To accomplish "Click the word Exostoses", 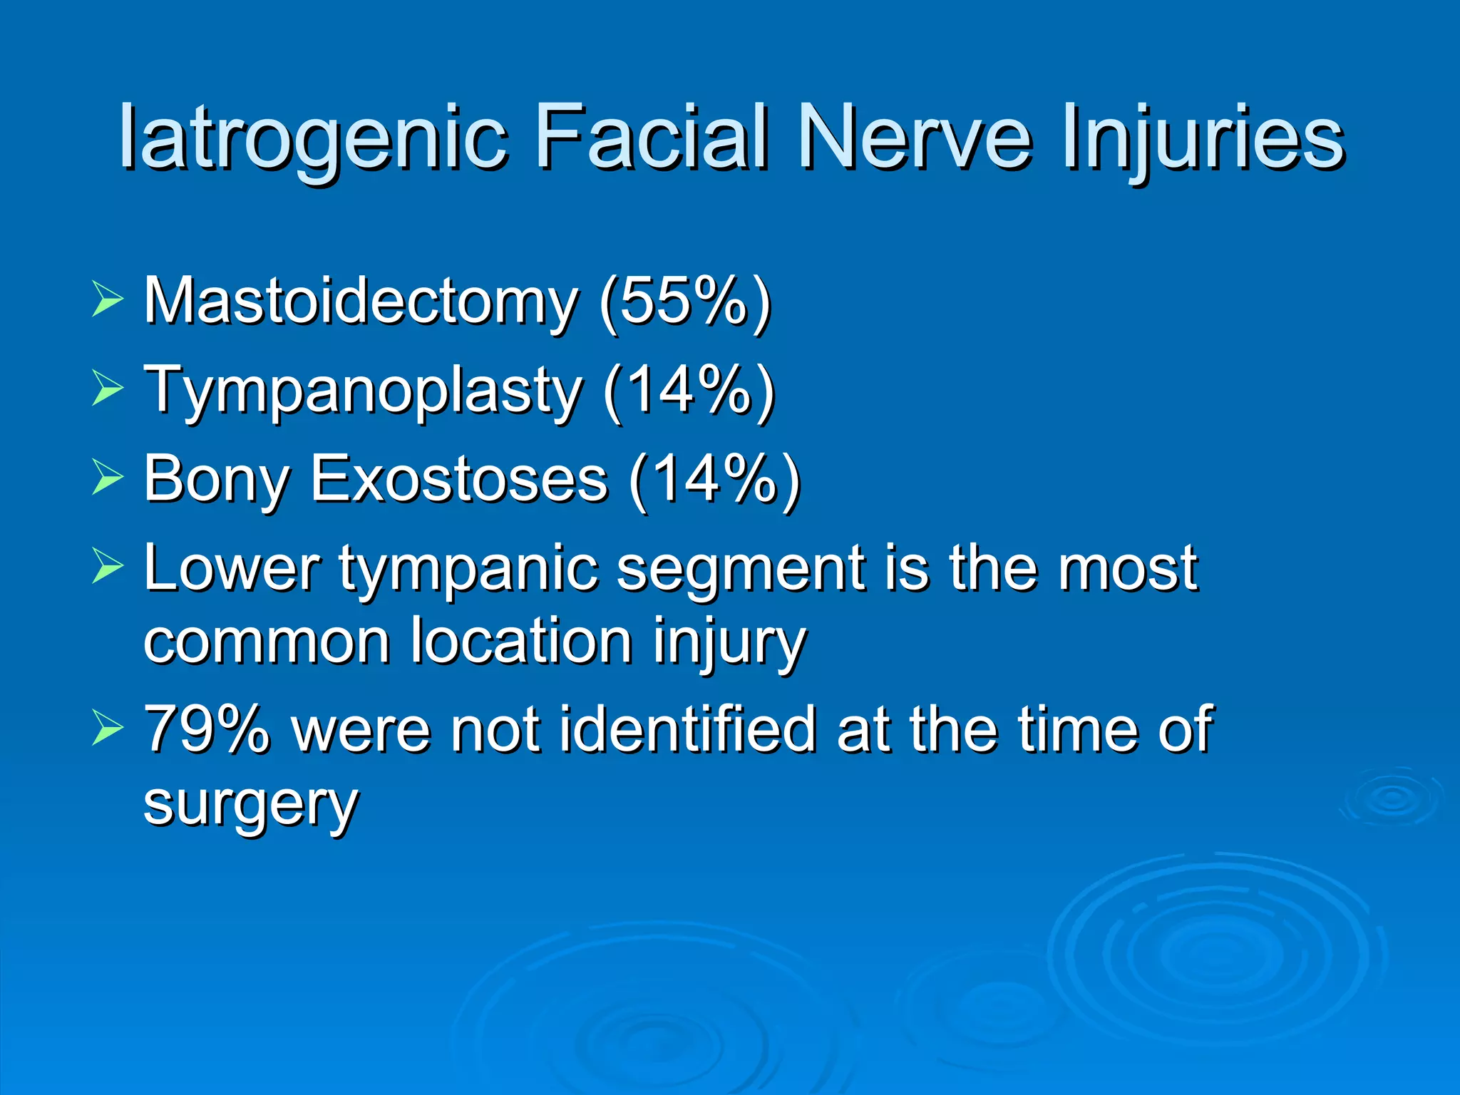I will (x=460, y=479).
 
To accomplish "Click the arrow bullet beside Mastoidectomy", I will (x=108, y=299).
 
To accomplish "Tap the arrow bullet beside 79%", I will (x=108, y=729).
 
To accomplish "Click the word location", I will (x=521, y=642).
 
